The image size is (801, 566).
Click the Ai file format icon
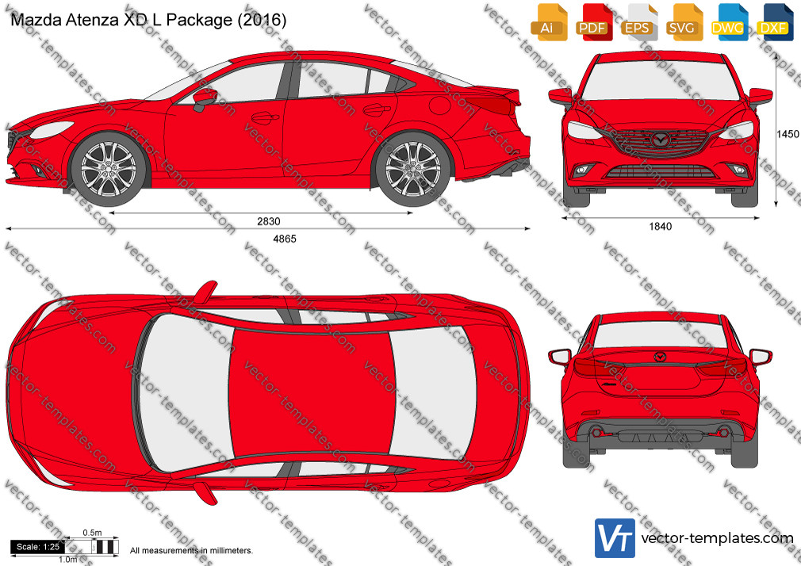click(549, 22)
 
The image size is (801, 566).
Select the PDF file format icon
click(594, 22)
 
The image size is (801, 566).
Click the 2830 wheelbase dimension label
click(269, 221)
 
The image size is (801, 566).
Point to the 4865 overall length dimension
click(285, 239)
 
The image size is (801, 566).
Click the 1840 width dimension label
click(661, 226)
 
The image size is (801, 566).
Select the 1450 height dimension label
click(788, 134)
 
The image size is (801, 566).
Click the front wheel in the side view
click(109, 169)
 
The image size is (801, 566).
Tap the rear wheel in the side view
click(412, 169)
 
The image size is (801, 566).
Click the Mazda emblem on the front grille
click(661, 139)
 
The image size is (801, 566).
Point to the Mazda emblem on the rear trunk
click(660, 357)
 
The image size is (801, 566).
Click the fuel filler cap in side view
click(440, 105)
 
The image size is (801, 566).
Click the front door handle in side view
click(265, 118)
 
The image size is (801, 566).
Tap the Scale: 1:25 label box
click(38, 547)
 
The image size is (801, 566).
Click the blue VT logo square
click(615, 538)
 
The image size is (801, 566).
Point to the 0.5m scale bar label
click(93, 533)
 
